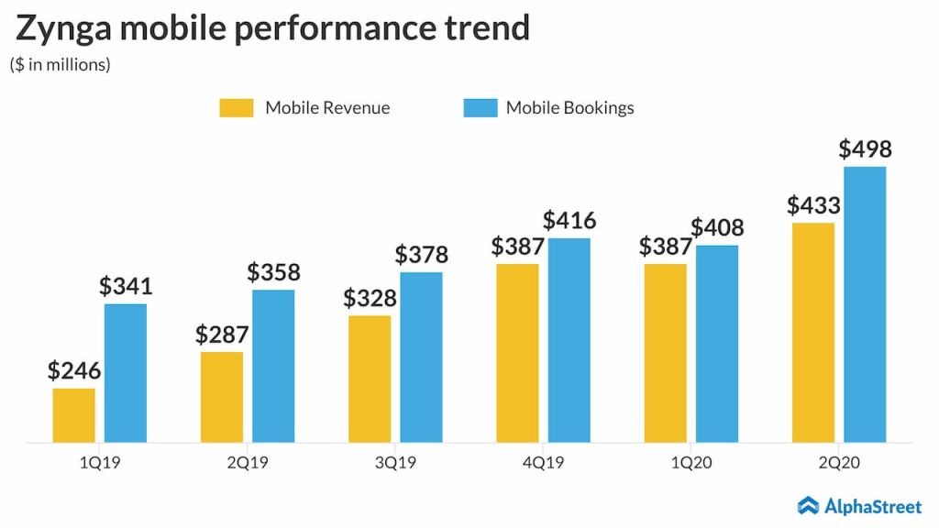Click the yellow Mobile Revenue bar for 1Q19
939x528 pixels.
click(73, 415)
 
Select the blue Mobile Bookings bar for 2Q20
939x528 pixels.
click(865, 304)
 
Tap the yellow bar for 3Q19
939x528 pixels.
click(370, 379)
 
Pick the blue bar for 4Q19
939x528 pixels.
click(569, 340)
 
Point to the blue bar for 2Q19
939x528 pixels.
click(273, 366)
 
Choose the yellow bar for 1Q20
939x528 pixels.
click(665, 353)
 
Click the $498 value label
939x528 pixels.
click(865, 149)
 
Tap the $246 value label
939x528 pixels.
click(74, 371)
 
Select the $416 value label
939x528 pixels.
click(569, 221)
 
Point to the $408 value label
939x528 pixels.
click(717, 228)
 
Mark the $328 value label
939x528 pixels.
click(370, 299)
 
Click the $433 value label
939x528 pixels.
click(813, 206)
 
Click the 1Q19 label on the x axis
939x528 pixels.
click(100, 463)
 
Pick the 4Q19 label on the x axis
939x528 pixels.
click(544, 463)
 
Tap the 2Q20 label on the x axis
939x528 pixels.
click(839, 463)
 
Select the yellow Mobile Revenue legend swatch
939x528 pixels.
click(236, 108)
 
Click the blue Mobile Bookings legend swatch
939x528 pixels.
click(480, 108)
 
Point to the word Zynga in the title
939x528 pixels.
click(64, 30)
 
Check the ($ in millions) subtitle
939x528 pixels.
click(60, 65)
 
